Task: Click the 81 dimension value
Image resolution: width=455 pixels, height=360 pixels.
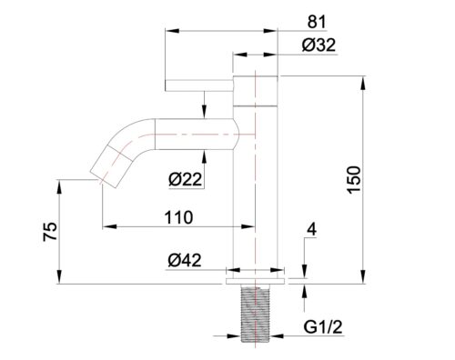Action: pyautogui.click(x=317, y=22)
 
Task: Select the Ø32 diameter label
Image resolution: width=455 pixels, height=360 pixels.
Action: pyautogui.click(x=318, y=45)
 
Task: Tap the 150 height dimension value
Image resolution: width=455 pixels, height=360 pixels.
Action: pyautogui.click(x=354, y=180)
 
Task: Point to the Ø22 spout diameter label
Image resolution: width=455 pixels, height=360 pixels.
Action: pyautogui.click(x=185, y=179)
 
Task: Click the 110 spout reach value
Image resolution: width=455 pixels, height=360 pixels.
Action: pyautogui.click(x=178, y=217)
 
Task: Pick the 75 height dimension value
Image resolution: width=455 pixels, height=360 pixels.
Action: pyautogui.click(x=50, y=232)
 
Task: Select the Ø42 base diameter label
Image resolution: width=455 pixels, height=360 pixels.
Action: pyautogui.click(x=185, y=260)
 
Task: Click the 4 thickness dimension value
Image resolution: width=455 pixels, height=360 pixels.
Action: pyautogui.click(x=311, y=230)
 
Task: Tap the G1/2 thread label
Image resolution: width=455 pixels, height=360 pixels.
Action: pyautogui.click(x=323, y=327)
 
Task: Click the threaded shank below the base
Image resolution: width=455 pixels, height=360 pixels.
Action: pyautogui.click(x=256, y=314)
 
